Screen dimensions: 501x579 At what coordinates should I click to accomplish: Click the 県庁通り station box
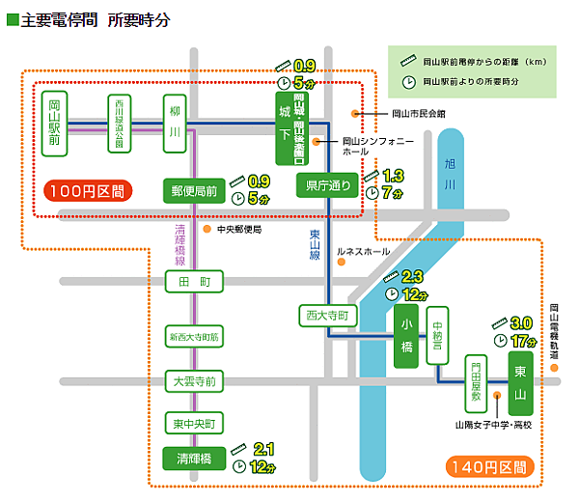click(x=325, y=185)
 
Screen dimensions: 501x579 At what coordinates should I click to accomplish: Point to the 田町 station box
click(x=194, y=283)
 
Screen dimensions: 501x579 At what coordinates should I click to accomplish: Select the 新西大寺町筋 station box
click(x=194, y=336)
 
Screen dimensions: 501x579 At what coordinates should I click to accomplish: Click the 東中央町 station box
click(x=194, y=422)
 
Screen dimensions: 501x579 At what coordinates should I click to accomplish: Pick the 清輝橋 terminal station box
click(x=194, y=456)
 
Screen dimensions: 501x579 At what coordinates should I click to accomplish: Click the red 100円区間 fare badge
click(x=85, y=190)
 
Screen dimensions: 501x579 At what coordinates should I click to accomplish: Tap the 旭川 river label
click(x=450, y=176)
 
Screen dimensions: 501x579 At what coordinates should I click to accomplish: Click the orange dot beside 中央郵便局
click(x=207, y=230)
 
